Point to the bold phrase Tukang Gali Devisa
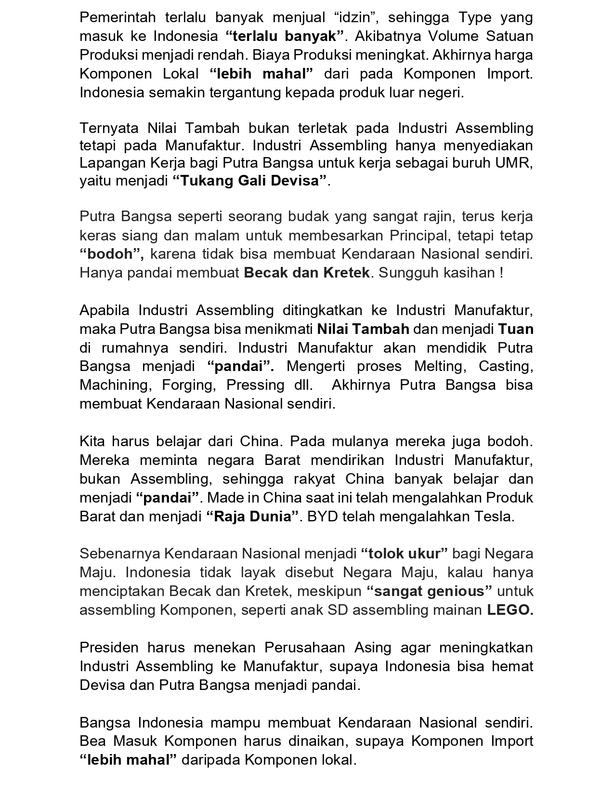[250, 181]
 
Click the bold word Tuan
[516, 329]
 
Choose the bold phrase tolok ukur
[404, 554]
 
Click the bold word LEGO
[510, 610]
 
